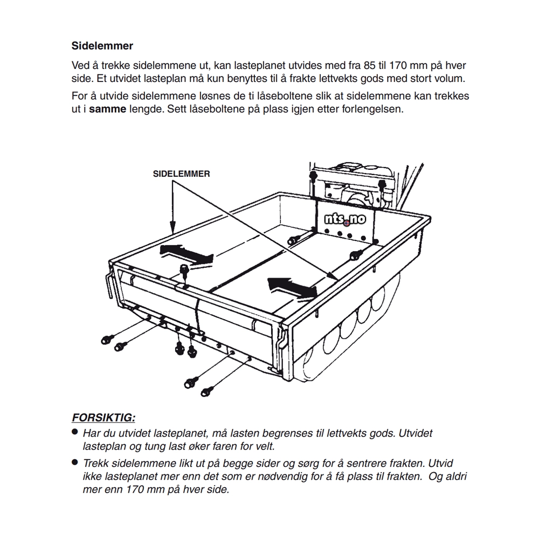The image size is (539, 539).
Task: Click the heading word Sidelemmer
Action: (x=102, y=46)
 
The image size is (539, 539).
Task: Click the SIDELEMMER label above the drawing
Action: (x=181, y=174)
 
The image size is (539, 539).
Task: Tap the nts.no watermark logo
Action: (x=345, y=219)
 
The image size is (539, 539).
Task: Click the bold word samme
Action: (x=108, y=109)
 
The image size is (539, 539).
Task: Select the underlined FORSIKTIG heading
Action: (x=103, y=418)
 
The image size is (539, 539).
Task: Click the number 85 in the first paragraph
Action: (x=369, y=65)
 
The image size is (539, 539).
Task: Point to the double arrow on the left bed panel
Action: (x=186, y=255)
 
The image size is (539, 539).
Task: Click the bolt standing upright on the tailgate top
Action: (x=185, y=271)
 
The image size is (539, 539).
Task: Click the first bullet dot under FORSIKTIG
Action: (x=74, y=432)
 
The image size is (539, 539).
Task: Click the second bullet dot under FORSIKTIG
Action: (x=74, y=462)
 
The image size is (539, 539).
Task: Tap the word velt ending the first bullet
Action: (x=266, y=446)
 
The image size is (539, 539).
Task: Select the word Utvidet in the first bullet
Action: (x=415, y=433)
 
